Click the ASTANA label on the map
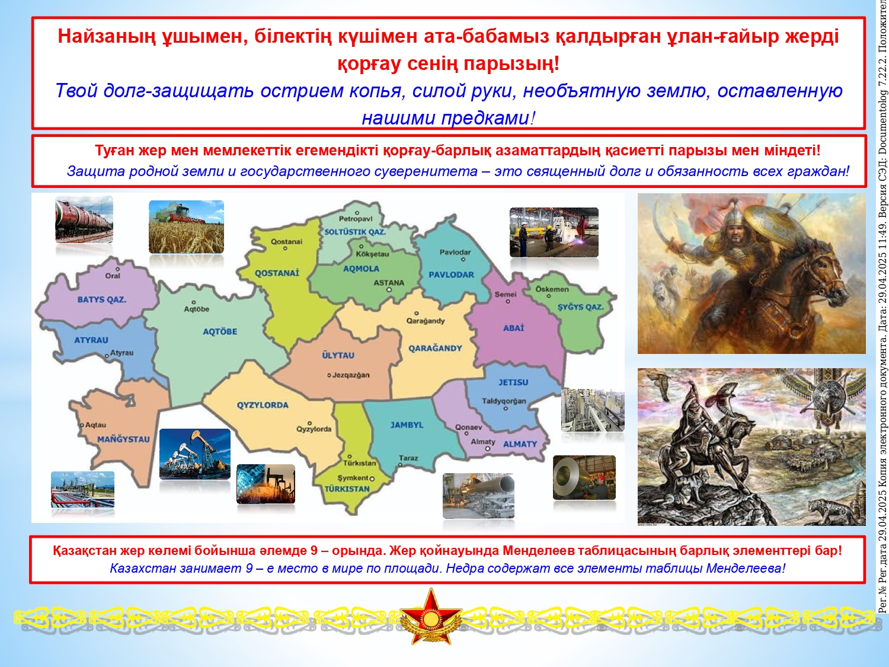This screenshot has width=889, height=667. (389, 283)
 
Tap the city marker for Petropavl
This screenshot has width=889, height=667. (357, 213)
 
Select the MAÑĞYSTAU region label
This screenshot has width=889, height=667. (123, 439)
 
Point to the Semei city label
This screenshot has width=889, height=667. (506, 295)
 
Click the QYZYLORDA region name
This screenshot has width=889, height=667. (263, 405)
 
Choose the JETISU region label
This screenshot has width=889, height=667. (513, 382)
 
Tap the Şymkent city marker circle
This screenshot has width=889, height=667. (372, 478)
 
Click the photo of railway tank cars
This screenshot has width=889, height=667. (84, 219)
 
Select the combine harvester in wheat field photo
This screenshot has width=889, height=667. (186, 227)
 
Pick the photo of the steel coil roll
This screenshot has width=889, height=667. (584, 478)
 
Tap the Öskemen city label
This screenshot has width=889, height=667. (552, 289)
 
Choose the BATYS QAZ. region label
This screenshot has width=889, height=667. (102, 299)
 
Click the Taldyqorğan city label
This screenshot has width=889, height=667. (504, 401)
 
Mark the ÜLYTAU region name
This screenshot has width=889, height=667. (338, 355)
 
